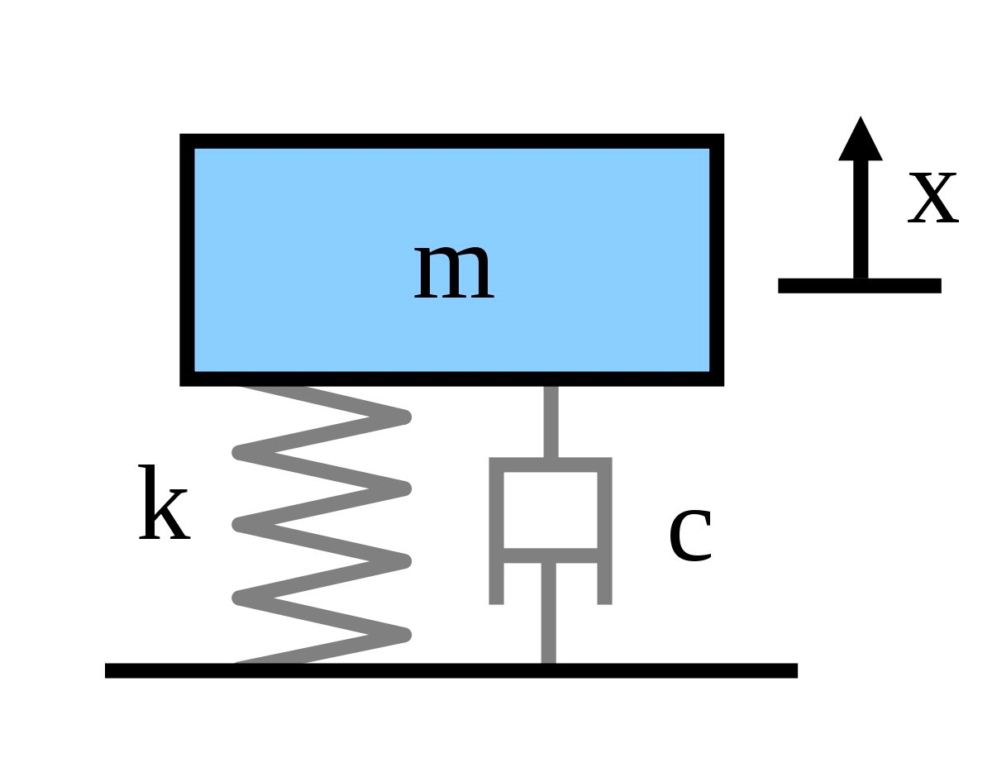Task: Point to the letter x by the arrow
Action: [932, 198]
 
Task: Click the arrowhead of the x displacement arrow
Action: [861, 141]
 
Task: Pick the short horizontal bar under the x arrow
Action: [860, 285]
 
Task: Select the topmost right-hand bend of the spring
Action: [404, 417]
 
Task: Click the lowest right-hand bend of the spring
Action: [404, 635]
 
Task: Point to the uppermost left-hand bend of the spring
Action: [239, 452]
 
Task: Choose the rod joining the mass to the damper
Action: [551, 422]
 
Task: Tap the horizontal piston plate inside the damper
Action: [551, 555]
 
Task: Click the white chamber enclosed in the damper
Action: [551, 510]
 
